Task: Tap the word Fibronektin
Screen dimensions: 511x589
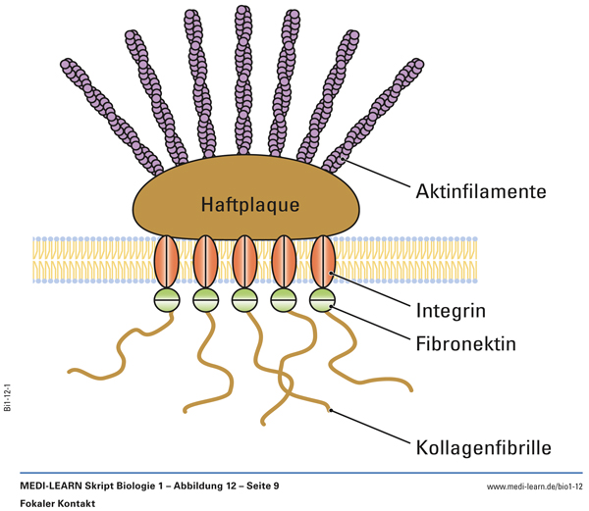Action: tap(466, 344)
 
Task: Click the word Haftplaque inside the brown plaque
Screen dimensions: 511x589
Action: tap(249, 205)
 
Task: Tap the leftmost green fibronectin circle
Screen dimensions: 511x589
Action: tap(166, 298)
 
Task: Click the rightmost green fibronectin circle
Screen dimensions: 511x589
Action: tap(323, 298)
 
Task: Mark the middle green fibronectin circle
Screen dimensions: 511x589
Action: tap(244, 298)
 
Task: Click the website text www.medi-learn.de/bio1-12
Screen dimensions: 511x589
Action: tap(534, 486)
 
